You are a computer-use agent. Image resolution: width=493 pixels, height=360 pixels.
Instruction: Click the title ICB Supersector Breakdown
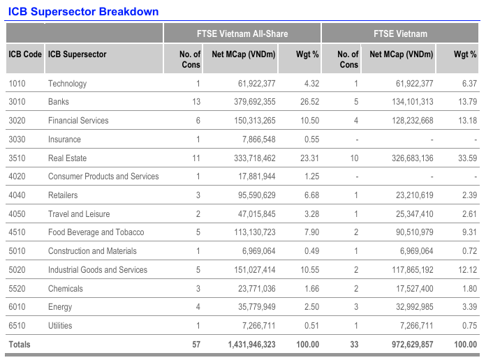(x=83, y=11)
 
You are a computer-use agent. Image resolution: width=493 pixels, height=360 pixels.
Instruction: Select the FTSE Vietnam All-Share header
(x=242, y=33)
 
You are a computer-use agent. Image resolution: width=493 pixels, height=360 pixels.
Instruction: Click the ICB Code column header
(x=25, y=54)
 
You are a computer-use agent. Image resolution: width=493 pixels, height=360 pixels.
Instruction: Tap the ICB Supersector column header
(x=77, y=54)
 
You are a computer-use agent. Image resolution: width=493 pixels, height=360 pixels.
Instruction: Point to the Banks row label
(x=59, y=102)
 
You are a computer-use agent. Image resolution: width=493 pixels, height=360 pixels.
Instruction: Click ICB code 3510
(x=18, y=158)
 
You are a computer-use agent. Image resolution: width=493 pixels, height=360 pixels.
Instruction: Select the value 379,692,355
(x=246, y=102)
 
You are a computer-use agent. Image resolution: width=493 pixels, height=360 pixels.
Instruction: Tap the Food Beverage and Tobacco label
(x=96, y=232)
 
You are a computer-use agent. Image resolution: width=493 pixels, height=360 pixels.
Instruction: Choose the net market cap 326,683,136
(x=404, y=158)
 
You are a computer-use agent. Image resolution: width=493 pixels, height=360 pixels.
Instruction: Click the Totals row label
(x=20, y=345)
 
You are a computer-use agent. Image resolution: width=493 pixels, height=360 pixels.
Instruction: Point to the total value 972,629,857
(x=404, y=345)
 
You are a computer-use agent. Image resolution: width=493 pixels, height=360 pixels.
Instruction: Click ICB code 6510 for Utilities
(x=18, y=326)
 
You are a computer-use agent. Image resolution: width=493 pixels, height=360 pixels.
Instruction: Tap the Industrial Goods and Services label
(x=98, y=270)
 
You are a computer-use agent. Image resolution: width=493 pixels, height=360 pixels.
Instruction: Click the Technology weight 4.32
(x=309, y=84)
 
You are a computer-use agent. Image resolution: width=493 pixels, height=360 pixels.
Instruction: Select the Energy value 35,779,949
(x=249, y=307)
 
